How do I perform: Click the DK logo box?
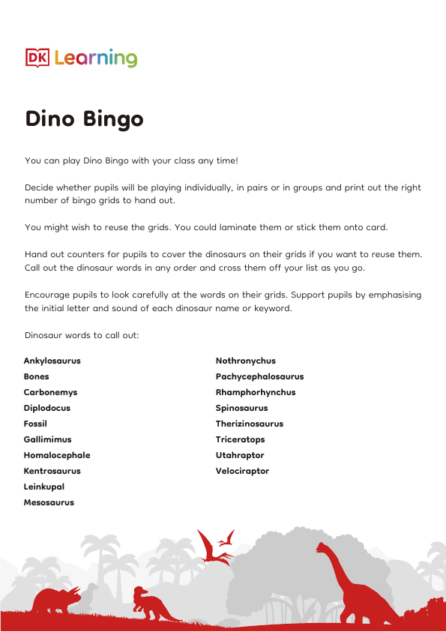[x=37, y=58]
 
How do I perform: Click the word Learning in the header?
[x=96, y=58]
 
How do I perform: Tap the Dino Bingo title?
[x=84, y=119]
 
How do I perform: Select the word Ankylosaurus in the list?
[x=52, y=361]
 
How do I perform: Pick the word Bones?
[x=37, y=376]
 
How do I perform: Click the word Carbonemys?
[x=50, y=392]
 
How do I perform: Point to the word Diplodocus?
[x=46, y=408]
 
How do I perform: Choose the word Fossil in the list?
[x=35, y=424]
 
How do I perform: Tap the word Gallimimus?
[x=47, y=439]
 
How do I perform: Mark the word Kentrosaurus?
[x=52, y=471]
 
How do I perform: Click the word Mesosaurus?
[x=49, y=502]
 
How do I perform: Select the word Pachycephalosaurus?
[x=259, y=376]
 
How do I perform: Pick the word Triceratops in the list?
[x=240, y=439]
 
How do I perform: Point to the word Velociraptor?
[x=242, y=471]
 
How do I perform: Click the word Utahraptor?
[x=240, y=455]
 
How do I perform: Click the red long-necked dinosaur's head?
[x=322, y=548]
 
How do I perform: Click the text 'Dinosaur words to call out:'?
[x=82, y=335]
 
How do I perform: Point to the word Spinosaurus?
[x=241, y=408]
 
